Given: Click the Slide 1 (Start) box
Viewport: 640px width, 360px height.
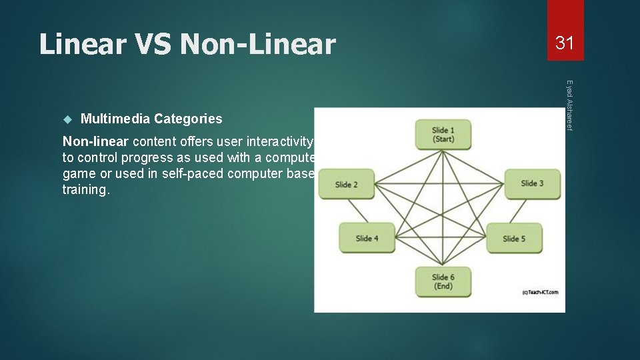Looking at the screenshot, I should pyautogui.click(x=443, y=134).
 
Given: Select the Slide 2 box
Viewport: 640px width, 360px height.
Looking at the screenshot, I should pyautogui.click(x=346, y=184).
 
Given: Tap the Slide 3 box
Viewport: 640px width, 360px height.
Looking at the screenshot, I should pyautogui.click(x=532, y=183).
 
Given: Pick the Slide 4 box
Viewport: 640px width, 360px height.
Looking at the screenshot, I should pyautogui.click(x=367, y=238).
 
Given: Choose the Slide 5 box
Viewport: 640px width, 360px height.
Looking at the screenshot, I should pyautogui.click(x=514, y=238).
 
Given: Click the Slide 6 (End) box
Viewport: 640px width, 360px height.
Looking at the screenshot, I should pyautogui.click(x=443, y=281).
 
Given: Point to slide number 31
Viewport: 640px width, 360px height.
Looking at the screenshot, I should pyautogui.click(x=565, y=43).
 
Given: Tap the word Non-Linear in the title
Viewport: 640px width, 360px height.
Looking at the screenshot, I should pyautogui.click(x=258, y=45).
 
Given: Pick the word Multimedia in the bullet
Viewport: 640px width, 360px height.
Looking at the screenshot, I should pyautogui.click(x=115, y=119).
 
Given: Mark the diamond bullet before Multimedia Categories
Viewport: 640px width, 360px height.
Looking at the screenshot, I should pyautogui.click(x=67, y=119).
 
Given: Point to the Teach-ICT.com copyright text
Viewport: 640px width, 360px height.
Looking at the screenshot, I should pyautogui.click(x=541, y=291).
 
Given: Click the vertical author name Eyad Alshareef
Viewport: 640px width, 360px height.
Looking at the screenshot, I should pyautogui.click(x=569, y=105).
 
